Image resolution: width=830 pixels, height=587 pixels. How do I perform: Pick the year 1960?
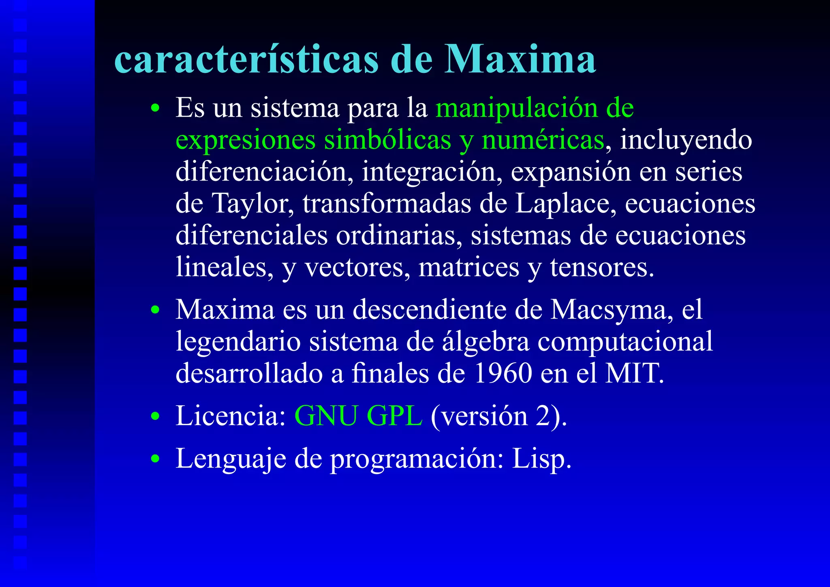pos(503,373)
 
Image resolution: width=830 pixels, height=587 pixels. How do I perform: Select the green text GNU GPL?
pos(358,416)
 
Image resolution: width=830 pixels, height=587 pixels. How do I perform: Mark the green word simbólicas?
pos(387,140)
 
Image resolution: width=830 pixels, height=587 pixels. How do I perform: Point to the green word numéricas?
pos(543,140)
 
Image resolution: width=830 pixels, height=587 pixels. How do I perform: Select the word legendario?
pos(238,342)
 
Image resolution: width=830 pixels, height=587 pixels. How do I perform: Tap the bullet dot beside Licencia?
pos(155,417)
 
